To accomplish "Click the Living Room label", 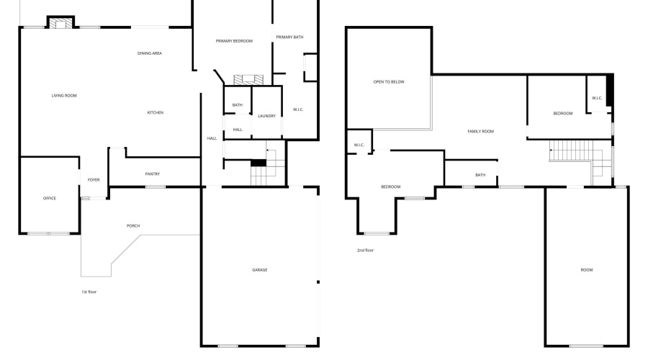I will [x=64, y=96].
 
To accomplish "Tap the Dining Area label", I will [x=150, y=53].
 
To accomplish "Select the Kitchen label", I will [x=156, y=113].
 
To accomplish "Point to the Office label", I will [x=50, y=198].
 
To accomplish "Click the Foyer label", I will [x=94, y=179].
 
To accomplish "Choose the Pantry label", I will [x=153, y=174].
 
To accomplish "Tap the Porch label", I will [x=133, y=226].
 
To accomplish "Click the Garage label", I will [x=260, y=270].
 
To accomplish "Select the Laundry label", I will [x=267, y=116].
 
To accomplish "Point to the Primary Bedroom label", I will [x=234, y=41].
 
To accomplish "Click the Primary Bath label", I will [x=289, y=37].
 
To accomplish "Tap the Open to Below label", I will [x=389, y=82].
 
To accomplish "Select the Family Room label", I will [x=481, y=131].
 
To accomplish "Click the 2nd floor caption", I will [x=366, y=251].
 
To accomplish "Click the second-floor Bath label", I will [x=480, y=175].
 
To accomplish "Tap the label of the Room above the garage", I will [x=587, y=270].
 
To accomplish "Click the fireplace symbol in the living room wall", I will [x=60, y=23].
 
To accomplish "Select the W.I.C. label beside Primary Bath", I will [x=299, y=109].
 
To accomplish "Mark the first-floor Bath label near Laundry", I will [x=238, y=106].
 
